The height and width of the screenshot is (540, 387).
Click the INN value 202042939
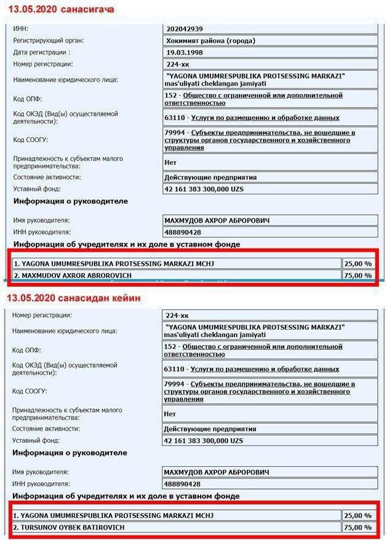[x=185, y=29]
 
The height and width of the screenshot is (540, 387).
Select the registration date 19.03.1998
[x=185, y=52]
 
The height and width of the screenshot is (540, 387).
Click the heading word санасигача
[x=86, y=9]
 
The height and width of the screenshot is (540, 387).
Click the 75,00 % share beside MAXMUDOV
[x=359, y=276]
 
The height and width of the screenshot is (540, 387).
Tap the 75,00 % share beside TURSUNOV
[x=359, y=528]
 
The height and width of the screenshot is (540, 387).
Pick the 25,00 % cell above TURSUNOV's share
[x=359, y=515]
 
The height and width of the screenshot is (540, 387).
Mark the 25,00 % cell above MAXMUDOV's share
[x=359, y=264]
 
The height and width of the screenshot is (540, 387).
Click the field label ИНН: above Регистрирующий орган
[x=21, y=29]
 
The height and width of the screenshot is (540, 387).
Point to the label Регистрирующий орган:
[x=49, y=41]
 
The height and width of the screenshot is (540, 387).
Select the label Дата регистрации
[x=41, y=52]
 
